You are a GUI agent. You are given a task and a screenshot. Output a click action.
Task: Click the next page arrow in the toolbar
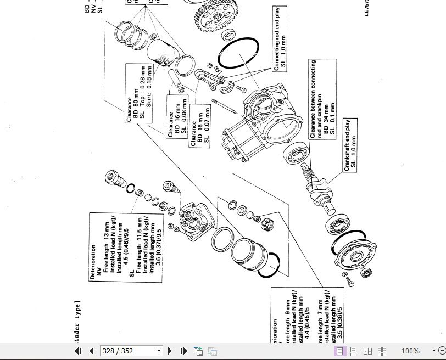pyautogui.click(x=170, y=351)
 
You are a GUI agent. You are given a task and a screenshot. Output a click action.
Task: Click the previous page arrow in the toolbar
pyautogui.click(x=92, y=351)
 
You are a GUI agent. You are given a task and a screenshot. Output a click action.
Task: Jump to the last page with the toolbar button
pyautogui.click(x=183, y=351)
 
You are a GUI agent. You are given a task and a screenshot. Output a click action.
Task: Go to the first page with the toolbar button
pyautogui.click(x=78, y=351)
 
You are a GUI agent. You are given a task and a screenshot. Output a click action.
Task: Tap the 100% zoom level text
pyautogui.click(x=410, y=351)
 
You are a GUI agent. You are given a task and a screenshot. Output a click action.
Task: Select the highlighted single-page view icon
pyautogui.click(x=340, y=351)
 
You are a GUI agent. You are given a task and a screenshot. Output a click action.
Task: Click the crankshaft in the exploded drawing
pyautogui.click(x=319, y=189)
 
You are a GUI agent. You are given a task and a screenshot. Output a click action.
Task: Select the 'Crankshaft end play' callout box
pyautogui.click(x=350, y=144)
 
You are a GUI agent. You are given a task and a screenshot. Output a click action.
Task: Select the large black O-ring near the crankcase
pyautogui.click(x=238, y=54)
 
